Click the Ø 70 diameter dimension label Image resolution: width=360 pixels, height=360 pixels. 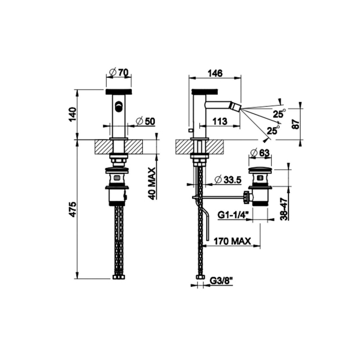pyautogui.click(x=119, y=73)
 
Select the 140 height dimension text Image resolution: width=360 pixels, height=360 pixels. pyautogui.click(x=73, y=115)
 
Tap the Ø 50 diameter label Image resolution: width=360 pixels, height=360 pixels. pyautogui.click(x=146, y=121)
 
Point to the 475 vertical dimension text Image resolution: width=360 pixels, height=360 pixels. pyautogui.click(x=73, y=209)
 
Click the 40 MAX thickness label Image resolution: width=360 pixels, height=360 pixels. pyautogui.click(x=151, y=184)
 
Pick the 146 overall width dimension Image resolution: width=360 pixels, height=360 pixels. pyautogui.click(x=215, y=73)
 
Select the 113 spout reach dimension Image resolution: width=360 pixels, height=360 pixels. pyautogui.click(x=220, y=121)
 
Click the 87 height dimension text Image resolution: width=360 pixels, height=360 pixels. pyautogui.click(x=296, y=124)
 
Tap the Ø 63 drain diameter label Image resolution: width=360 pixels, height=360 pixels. pyautogui.click(x=260, y=153)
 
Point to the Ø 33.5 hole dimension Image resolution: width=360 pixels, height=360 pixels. pyautogui.click(x=228, y=180)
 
